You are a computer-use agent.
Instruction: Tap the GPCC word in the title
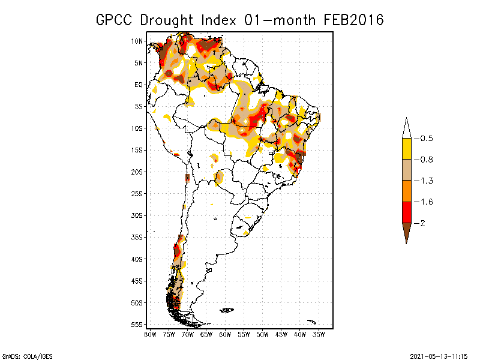point(115,20)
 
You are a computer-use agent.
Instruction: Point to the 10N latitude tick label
point(137,41)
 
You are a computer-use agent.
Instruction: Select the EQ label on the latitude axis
point(139,85)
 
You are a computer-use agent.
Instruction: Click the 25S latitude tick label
point(137,193)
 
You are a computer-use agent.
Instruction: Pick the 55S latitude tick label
point(137,324)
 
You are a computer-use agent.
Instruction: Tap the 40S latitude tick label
point(137,259)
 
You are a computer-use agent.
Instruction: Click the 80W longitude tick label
point(150,334)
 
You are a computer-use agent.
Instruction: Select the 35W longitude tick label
point(319,334)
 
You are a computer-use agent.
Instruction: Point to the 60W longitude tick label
point(225,334)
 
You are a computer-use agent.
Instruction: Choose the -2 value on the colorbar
point(422,223)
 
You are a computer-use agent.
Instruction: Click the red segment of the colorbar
point(406,212)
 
